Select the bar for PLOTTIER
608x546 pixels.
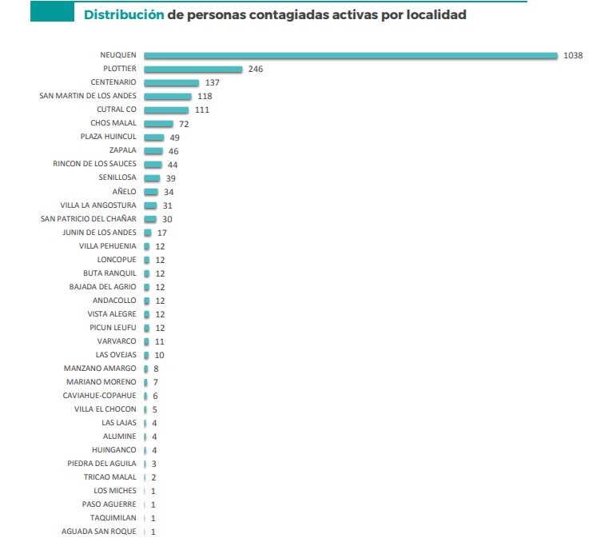click(x=193, y=70)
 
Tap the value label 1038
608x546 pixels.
click(x=572, y=55)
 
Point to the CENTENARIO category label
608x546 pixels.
click(x=113, y=82)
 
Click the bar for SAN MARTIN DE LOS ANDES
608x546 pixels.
click(x=168, y=96)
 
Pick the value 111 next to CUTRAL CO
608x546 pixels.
click(x=201, y=110)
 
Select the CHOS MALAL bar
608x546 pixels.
click(x=158, y=123)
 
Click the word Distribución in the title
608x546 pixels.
click(x=118, y=15)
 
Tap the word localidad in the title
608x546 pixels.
click(x=435, y=15)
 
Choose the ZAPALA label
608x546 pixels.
click(x=123, y=150)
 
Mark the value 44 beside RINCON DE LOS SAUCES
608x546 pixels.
click(x=172, y=164)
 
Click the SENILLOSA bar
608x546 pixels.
click(x=152, y=177)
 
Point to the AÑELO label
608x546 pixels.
click(x=125, y=192)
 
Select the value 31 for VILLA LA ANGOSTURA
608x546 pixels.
click(x=167, y=205)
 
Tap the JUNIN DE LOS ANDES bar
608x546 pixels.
click(x=148, y=233)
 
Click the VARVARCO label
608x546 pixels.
click(x=117, y=341)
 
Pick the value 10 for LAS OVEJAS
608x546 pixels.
click(x=160, y=355)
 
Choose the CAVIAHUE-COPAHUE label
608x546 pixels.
click(x=100, y=396)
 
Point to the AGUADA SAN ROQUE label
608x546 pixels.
click(x=99, y=532)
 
